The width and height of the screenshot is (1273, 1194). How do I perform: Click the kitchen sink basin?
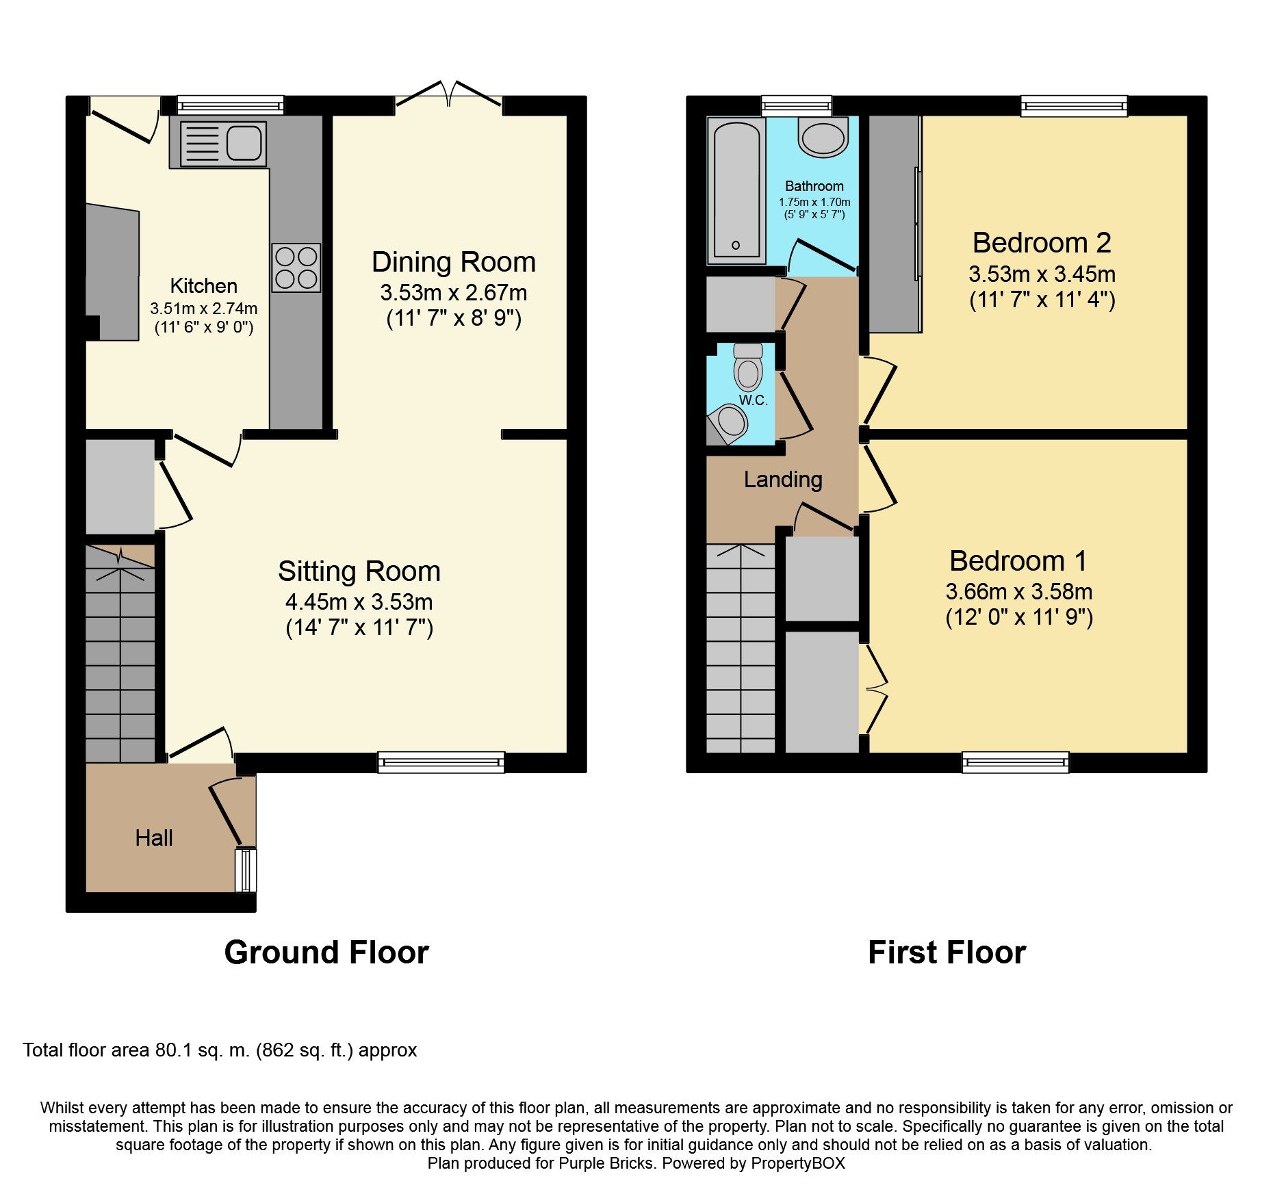click(244, 144)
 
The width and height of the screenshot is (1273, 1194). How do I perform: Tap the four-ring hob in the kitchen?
click(296, 268)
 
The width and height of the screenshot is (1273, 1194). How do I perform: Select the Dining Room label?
click(453, 262)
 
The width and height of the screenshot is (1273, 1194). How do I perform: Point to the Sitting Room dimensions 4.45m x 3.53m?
click(359, 602)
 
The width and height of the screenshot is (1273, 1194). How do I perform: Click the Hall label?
click(153, 838)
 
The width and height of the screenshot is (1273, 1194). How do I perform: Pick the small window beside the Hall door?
click(245, 870)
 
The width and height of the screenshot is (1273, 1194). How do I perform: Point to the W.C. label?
click(753, 401)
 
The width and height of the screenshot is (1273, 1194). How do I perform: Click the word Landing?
click(783, 480)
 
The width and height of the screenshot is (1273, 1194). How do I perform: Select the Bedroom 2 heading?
click(1041, 243)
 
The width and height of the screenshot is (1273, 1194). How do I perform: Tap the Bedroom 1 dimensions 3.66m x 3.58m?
click(1018, 592)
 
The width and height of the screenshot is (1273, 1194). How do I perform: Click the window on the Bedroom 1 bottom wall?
click(1015, 762)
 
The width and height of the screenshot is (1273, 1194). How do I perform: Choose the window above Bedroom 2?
click(1074, 105)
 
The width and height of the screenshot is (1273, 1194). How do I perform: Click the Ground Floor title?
click(326, 952)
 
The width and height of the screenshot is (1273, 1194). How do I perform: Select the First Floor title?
click(947, 952)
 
